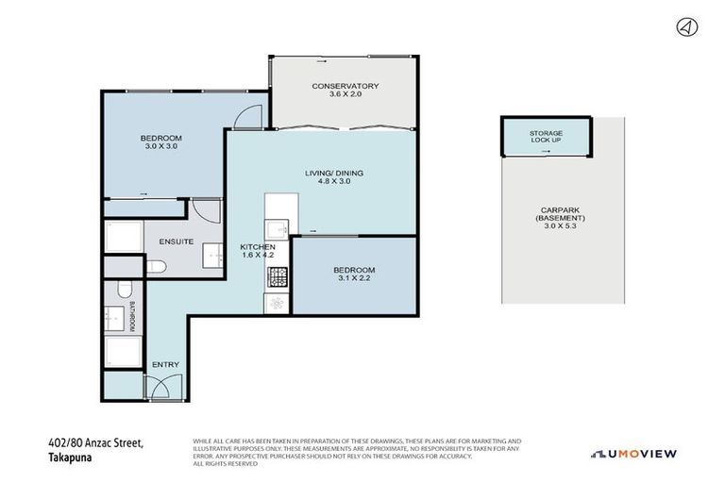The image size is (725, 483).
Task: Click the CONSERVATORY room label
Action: click(346, 87)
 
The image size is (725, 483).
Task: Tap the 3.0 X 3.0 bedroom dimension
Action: click(160, 146)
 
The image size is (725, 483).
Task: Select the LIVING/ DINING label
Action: click(333, 173)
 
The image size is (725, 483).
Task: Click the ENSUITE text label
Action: click(176, 241)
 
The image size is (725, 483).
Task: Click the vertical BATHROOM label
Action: click(134, 315)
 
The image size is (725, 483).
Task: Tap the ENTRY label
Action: click(165, 364)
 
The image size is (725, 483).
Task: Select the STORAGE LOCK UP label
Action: click(546, 137)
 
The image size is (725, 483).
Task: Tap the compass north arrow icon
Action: click(687, 27)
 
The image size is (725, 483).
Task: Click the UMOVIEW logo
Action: click(633, 454)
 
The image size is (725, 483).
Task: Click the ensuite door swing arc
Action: click(205, 211)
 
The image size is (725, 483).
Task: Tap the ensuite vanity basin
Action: click(203, 255)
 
